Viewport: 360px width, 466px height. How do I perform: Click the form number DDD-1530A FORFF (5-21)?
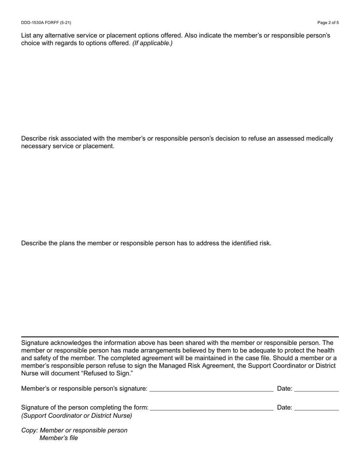pos(46,23)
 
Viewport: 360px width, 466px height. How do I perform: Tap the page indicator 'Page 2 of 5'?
pos(328,23)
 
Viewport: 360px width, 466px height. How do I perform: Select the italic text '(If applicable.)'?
pos(152,43)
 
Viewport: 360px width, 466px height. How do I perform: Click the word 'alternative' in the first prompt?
pos(60,36)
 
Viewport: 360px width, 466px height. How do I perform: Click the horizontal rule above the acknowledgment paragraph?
pos(180,336)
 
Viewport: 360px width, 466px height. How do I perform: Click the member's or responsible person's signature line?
pos(211,390)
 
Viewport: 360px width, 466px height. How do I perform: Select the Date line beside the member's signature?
pos(316,390)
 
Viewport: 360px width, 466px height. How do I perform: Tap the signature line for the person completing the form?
pos(211,410)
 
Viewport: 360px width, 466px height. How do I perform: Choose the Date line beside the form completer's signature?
pos(316,410)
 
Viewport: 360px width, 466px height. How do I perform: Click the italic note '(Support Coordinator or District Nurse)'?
pos(77,416)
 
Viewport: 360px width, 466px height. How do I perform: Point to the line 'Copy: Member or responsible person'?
pos(74,431)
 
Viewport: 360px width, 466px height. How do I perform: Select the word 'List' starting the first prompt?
pos(27,36)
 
